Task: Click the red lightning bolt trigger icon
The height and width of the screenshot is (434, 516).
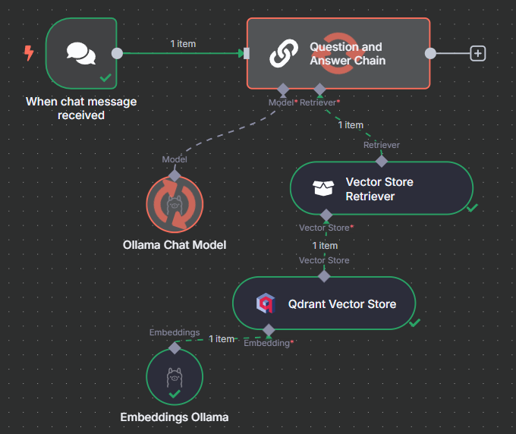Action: (29, 53)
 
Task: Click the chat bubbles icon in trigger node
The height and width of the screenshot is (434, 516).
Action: (81, 53)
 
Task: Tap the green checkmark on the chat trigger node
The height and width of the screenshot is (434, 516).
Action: (105, 77)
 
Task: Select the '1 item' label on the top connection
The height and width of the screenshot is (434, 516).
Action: (182, 44)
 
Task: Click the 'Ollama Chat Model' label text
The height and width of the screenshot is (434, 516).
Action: (175, 245)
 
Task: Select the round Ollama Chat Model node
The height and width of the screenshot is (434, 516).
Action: (175, 205)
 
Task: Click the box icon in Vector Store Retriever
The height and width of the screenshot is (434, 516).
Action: (323, 189)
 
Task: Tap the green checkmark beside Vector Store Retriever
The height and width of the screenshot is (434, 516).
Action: (472, 207)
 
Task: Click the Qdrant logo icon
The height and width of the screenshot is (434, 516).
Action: (265, 304)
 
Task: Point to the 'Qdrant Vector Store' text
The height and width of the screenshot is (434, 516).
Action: (342, 304)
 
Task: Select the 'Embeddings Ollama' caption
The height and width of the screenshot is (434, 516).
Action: (175, 417)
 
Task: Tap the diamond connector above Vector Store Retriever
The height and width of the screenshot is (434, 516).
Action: (382, 161)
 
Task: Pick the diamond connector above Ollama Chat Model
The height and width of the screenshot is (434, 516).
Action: (175, 175)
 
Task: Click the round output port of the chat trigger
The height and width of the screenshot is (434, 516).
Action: (117, 53)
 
